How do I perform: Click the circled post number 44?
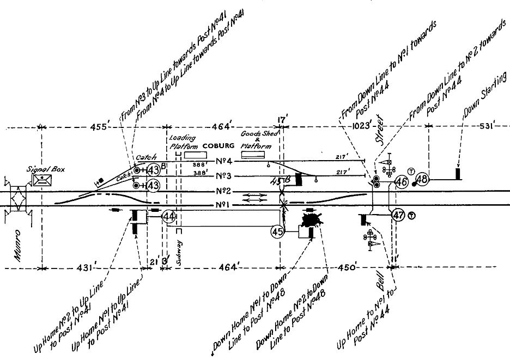(x=169, y=217)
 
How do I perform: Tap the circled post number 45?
(x=277, y=231)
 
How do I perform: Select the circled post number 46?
(x=402, y=182)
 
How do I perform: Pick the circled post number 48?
(x=422, y=179)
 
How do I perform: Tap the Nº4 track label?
(x=224, y=161)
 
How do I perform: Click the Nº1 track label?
(x=224, y=205)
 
